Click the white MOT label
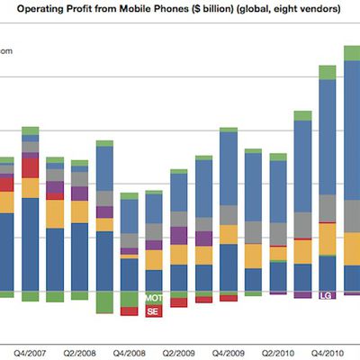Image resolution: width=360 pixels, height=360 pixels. point(154,298)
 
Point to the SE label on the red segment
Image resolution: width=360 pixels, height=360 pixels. point(154,310)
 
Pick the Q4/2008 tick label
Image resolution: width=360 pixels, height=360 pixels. point(130,353)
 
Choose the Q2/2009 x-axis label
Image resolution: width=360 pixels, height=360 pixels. point(179,353)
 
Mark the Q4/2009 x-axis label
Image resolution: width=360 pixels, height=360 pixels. point(229,353)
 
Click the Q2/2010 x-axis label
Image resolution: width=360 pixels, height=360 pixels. point(278,353)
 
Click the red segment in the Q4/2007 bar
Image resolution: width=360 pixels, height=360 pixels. point(31,167)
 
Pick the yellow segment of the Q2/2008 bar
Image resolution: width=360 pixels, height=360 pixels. point(79,211)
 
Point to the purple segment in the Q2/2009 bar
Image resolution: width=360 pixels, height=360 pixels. point(179,236)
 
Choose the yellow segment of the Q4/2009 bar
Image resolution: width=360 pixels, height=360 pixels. point(229,234)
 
